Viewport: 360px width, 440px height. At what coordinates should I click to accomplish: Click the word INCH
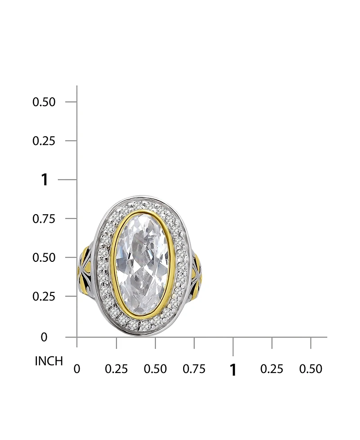click(49, 361)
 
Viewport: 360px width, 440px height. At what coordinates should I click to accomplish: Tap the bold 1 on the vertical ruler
click(45, 180)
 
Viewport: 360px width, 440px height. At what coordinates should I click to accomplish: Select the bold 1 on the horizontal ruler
click(233, 369)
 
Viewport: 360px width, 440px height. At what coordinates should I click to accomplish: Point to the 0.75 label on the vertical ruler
click(44, 219)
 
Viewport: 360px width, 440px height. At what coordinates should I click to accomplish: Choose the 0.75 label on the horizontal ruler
click(194, 369)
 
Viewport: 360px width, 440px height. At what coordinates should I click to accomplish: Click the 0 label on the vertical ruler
click(44, 337)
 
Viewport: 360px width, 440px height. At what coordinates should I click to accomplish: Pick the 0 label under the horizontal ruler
click(77, 369)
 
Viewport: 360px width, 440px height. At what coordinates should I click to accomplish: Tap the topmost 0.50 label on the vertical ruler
click(44, 102)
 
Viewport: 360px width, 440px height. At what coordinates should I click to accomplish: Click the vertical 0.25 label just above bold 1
click(44, 141)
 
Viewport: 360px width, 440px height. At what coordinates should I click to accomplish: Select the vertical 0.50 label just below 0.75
click(44, 258)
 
